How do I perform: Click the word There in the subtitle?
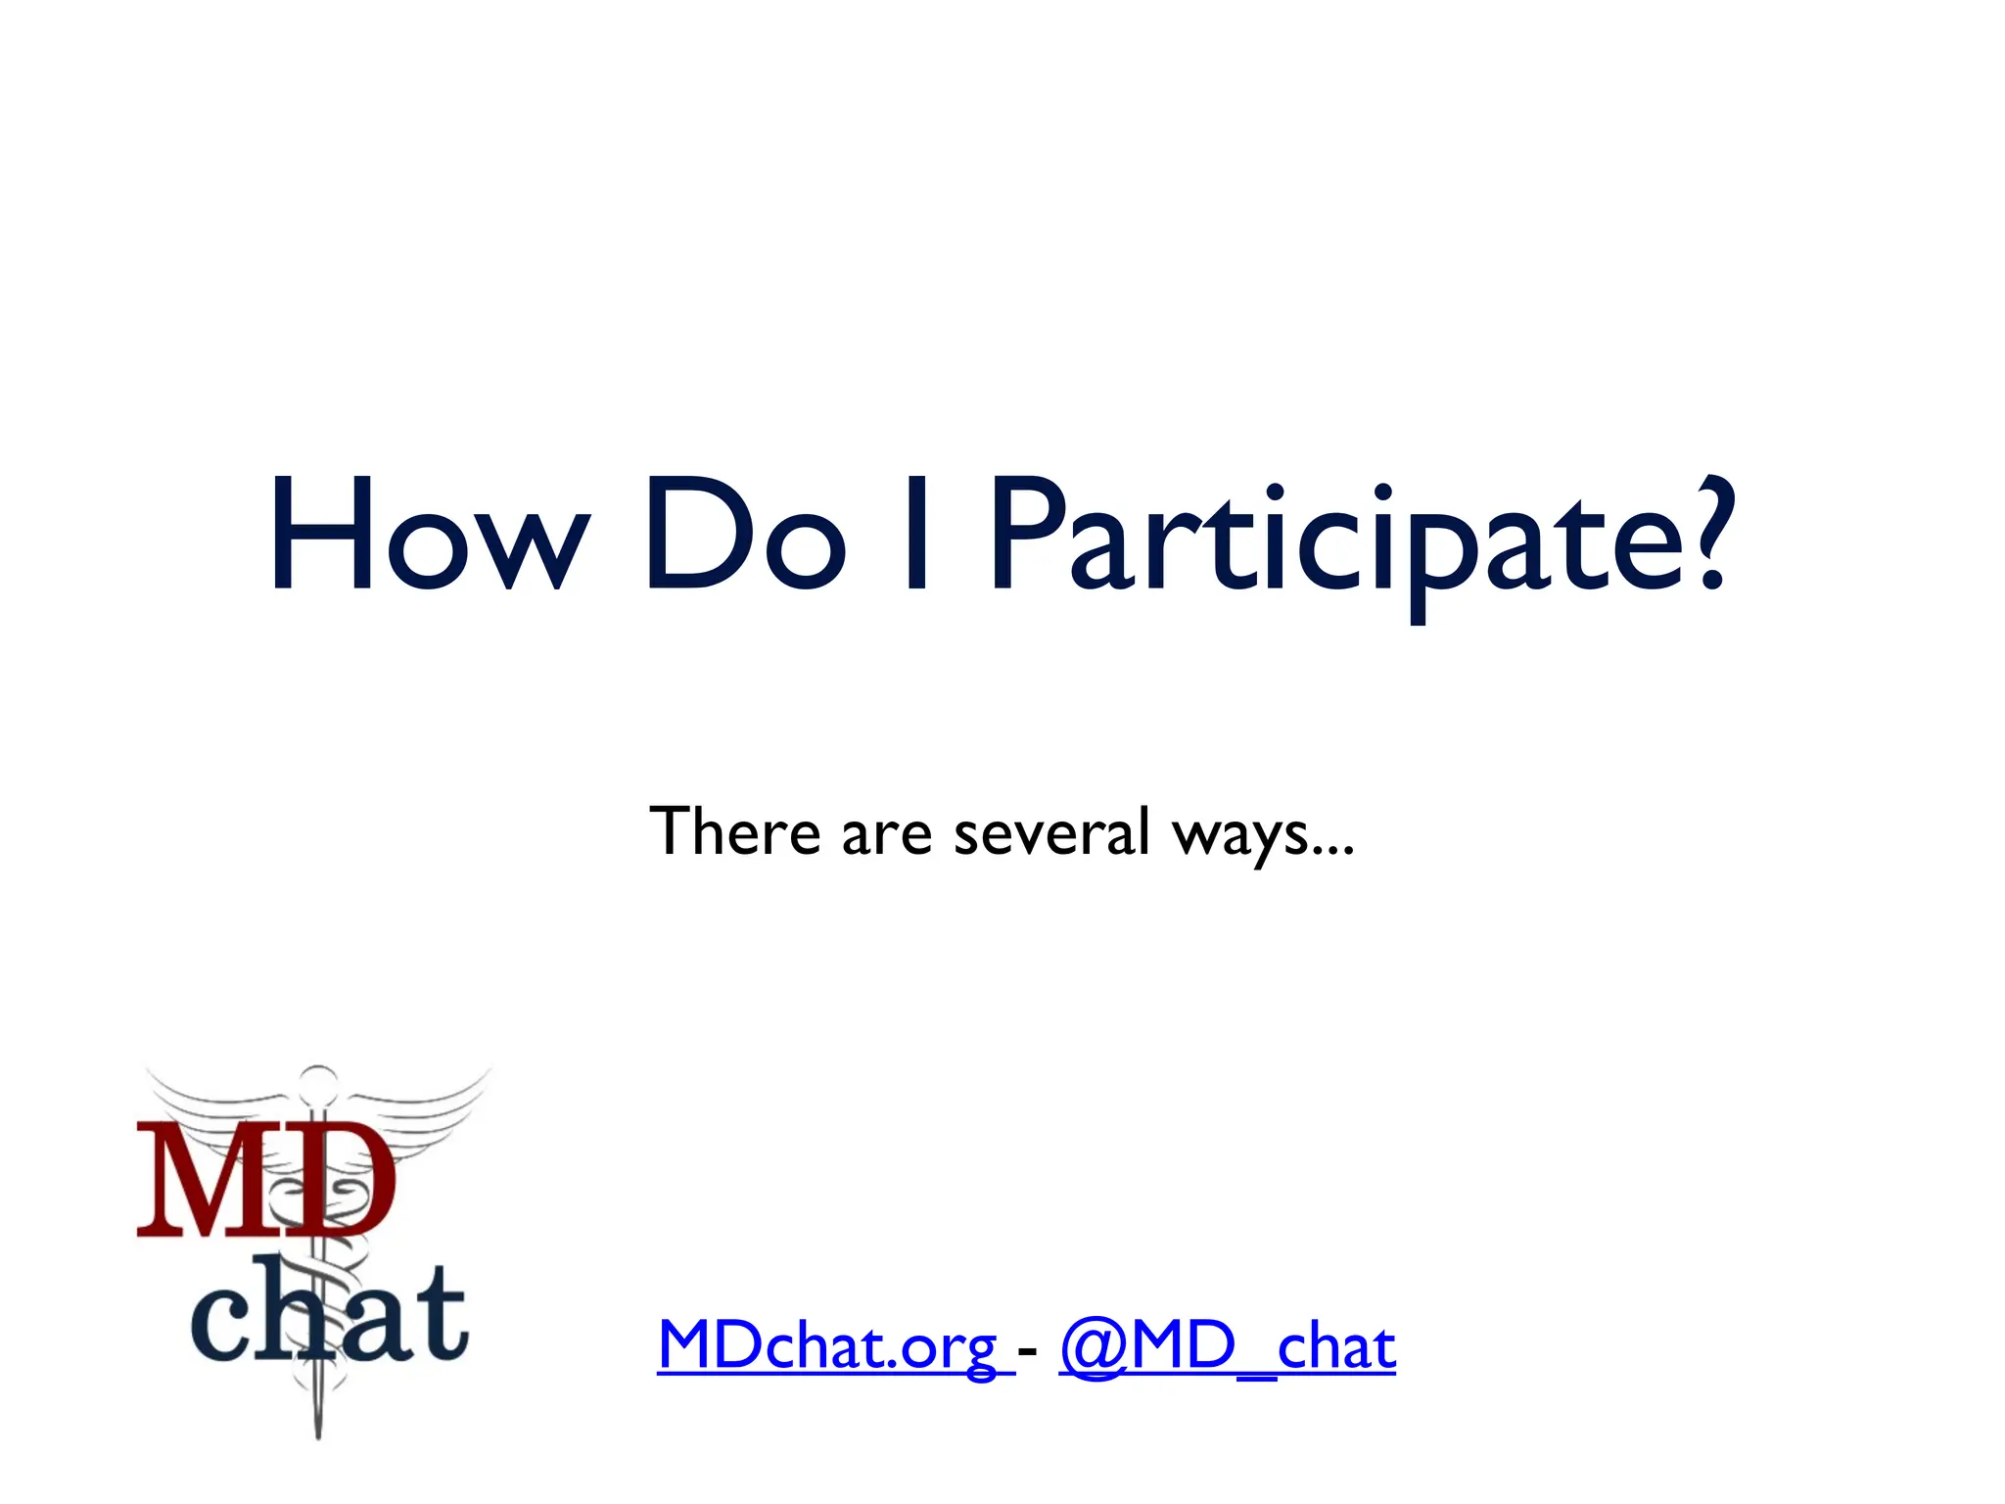tap(734, 832)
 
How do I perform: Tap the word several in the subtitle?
tap(1051, 832)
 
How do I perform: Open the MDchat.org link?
tap(828, 1347)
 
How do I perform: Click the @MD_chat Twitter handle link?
tap(1228, 1347)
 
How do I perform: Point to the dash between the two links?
tap(1027, 1351)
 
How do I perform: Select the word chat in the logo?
tap(329, 1312)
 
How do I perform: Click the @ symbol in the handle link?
tap(1093, 1347)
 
